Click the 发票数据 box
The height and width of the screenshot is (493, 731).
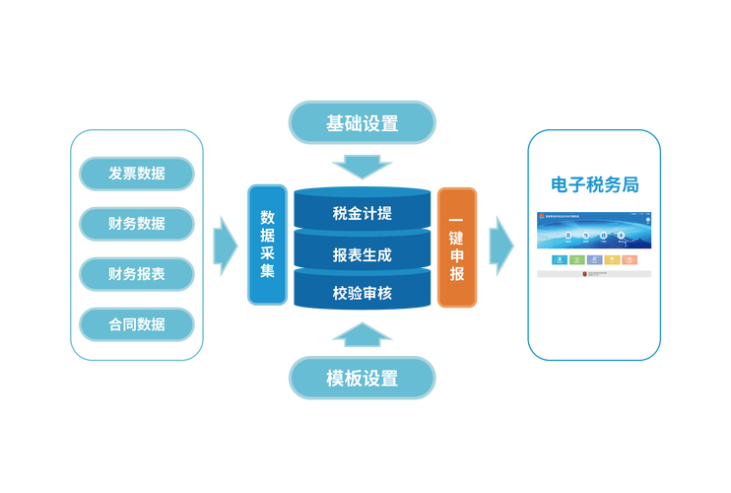tap(137, 174)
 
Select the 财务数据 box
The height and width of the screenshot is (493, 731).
tap(137, 224)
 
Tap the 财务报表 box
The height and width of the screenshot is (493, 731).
tap(137, 273)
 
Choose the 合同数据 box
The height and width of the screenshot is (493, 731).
tap(137, 322)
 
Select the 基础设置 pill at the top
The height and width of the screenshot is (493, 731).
tap(362, 123)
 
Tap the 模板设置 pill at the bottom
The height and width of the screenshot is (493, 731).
tap(362, 378)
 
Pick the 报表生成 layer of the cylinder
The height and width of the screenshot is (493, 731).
tap(362, 254)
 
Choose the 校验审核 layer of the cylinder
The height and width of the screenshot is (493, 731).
tap(362, 292)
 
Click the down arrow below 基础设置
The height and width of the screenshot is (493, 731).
tap(362, 164)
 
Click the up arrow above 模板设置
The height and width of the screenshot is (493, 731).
tap(362, 335)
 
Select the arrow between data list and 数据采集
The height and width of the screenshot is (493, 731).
tap(226, 245)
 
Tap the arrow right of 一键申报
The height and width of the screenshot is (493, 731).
tap(502, 245)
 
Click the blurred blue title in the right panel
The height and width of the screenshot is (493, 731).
tap(594, 183)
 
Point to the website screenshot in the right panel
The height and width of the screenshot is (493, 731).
tap(594, 245)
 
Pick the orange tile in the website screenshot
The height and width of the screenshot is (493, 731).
tap(630, 259)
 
